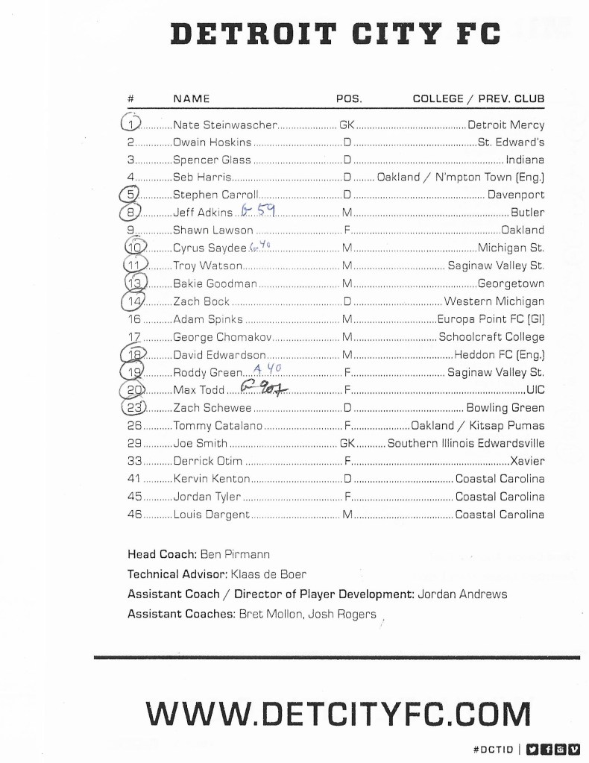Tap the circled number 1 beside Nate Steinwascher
(130, 125)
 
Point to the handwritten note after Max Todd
(258, 388)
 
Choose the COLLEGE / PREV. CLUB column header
(478, 98)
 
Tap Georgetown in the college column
(511, 283)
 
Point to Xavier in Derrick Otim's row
(527, 461)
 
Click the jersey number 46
(134, 515)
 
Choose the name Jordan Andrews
(462, 594)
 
